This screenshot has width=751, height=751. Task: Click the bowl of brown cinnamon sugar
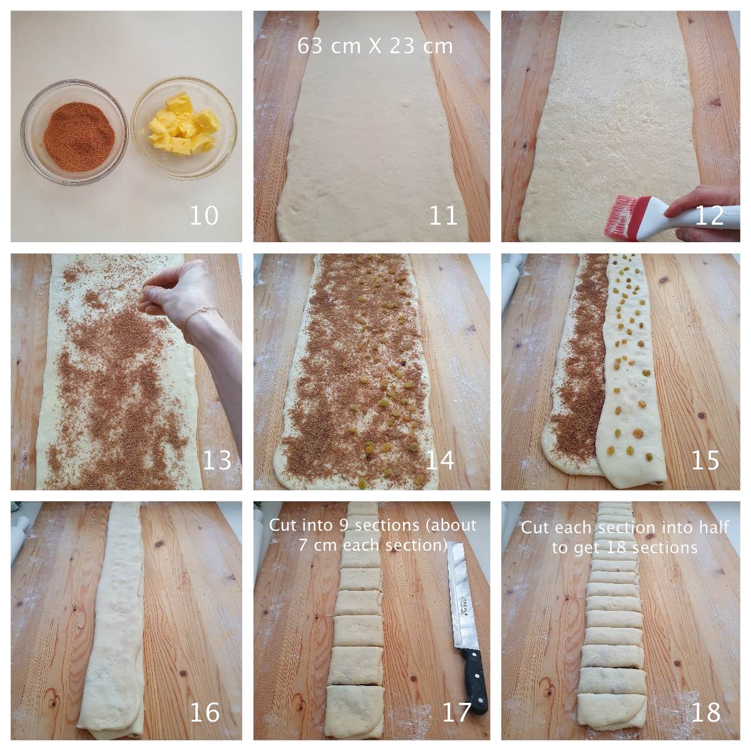74,133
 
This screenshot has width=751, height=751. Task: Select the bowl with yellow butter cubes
184,128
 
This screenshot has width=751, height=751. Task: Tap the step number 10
204,215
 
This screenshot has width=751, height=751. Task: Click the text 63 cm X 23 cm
375,46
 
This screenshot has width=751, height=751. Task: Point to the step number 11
443,215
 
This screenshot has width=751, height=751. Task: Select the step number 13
217,460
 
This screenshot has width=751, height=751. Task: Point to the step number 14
440,460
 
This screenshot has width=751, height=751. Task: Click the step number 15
705,460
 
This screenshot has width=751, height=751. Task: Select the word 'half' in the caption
714,528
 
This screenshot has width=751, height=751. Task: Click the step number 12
709,215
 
